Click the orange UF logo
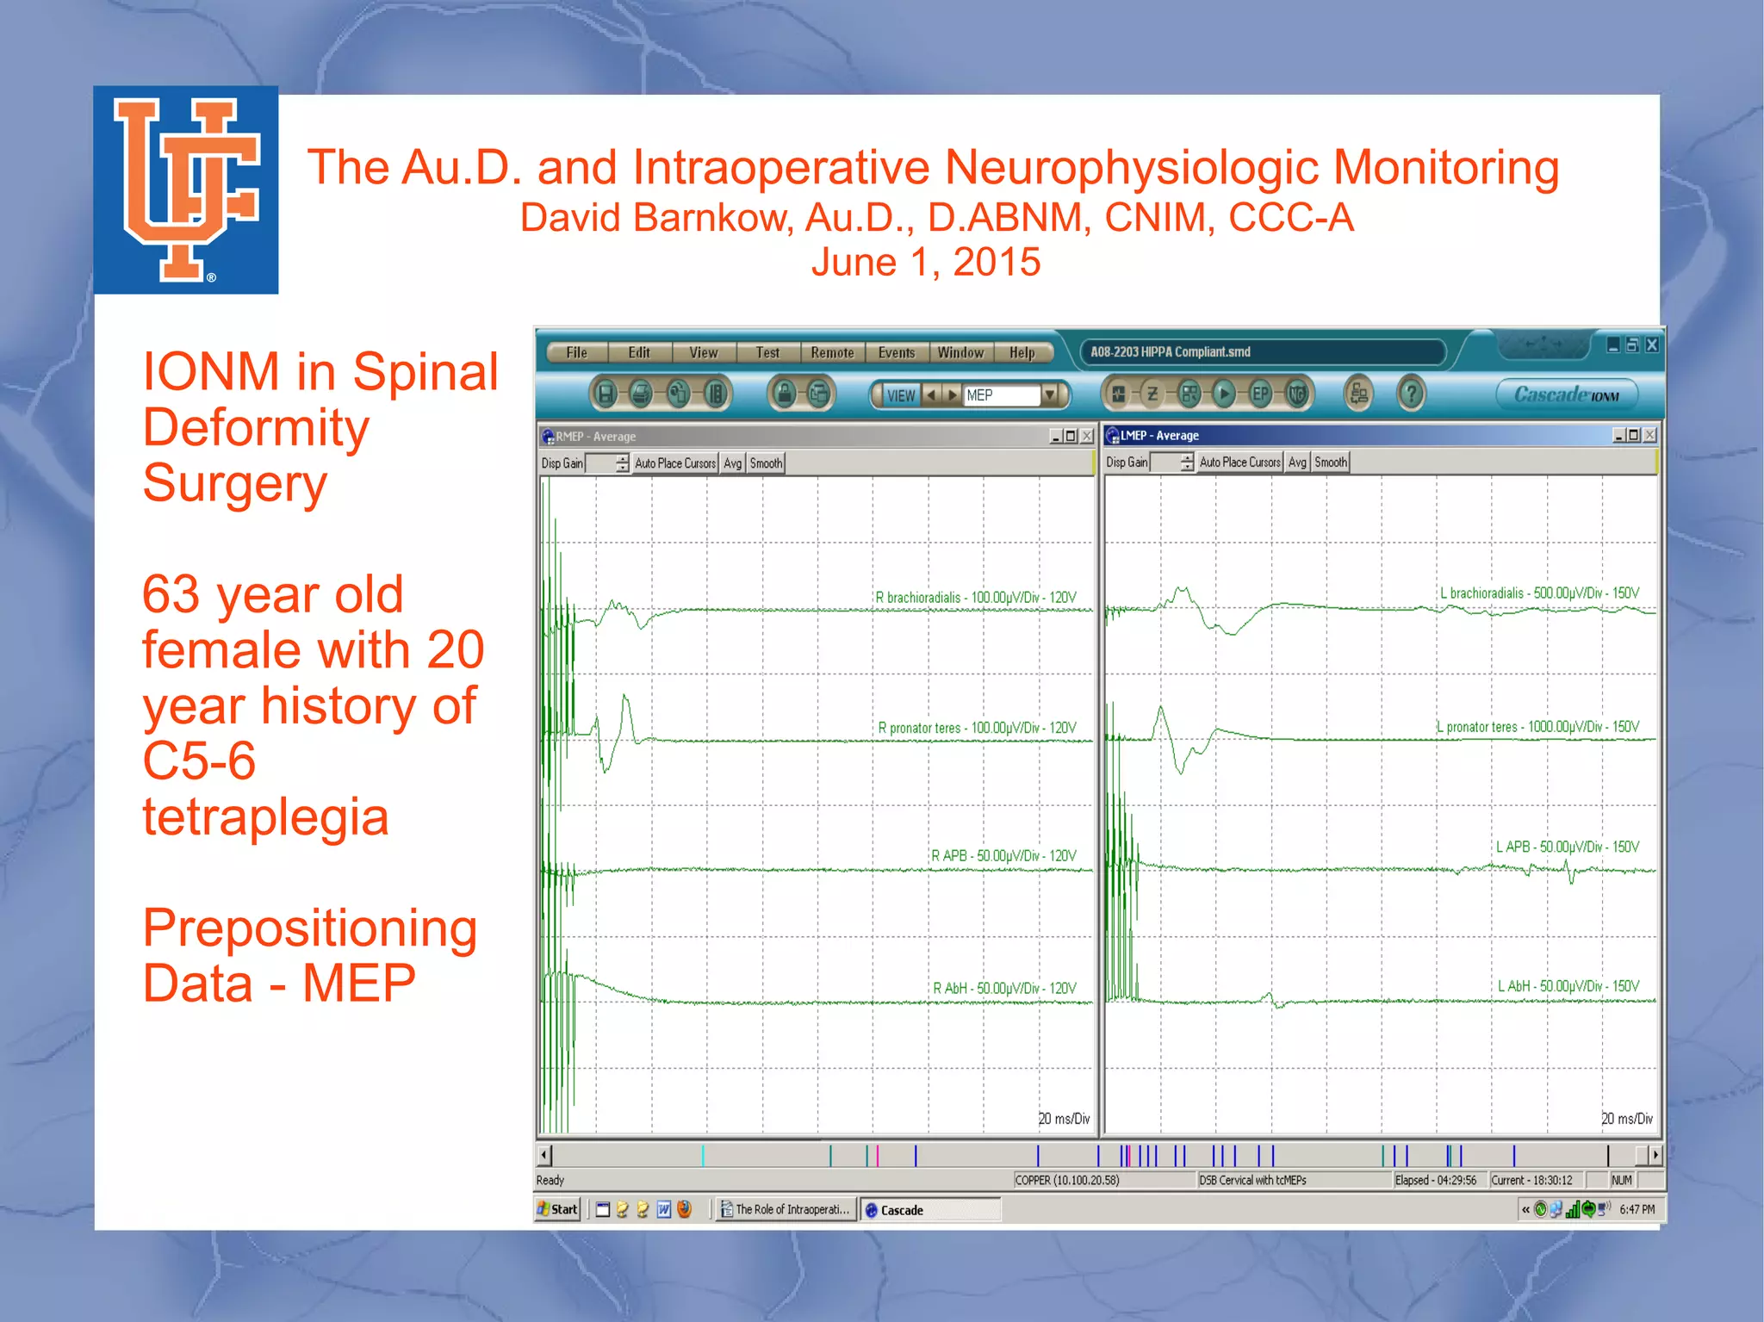[186, 189]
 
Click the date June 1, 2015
[926, 262]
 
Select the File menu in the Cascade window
[577, 352]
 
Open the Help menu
[1022, 352]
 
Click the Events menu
[897, 352]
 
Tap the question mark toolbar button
[1411, 394]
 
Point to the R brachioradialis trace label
[976, 598]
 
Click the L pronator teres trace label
[1538, 727]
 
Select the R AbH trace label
[1004, 988]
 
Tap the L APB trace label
[1568, 847]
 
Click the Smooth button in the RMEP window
[766, 463]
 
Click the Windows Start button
[557, 1209]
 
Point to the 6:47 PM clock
[1637, 1209]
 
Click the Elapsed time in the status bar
[1436, 1180]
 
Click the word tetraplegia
[265, 816]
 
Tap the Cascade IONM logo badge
[1567, 394]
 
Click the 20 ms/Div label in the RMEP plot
[1064, 1119]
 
